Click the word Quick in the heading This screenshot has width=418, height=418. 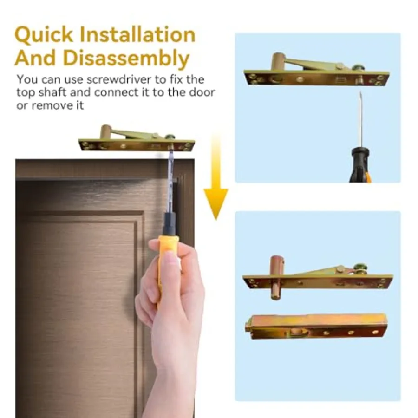click(44, 35)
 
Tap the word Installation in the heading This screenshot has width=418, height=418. click(138, 34)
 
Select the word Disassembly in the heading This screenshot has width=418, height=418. click(126, 59)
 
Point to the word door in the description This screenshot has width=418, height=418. click(202, 92)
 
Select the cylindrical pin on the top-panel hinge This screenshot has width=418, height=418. click(278, 61)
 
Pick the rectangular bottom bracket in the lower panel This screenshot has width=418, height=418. click(316, 327)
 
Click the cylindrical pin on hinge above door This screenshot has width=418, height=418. click(105, 131)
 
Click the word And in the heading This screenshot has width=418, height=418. click(35, 58)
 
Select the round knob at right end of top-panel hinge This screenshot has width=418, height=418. click(359, 67)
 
